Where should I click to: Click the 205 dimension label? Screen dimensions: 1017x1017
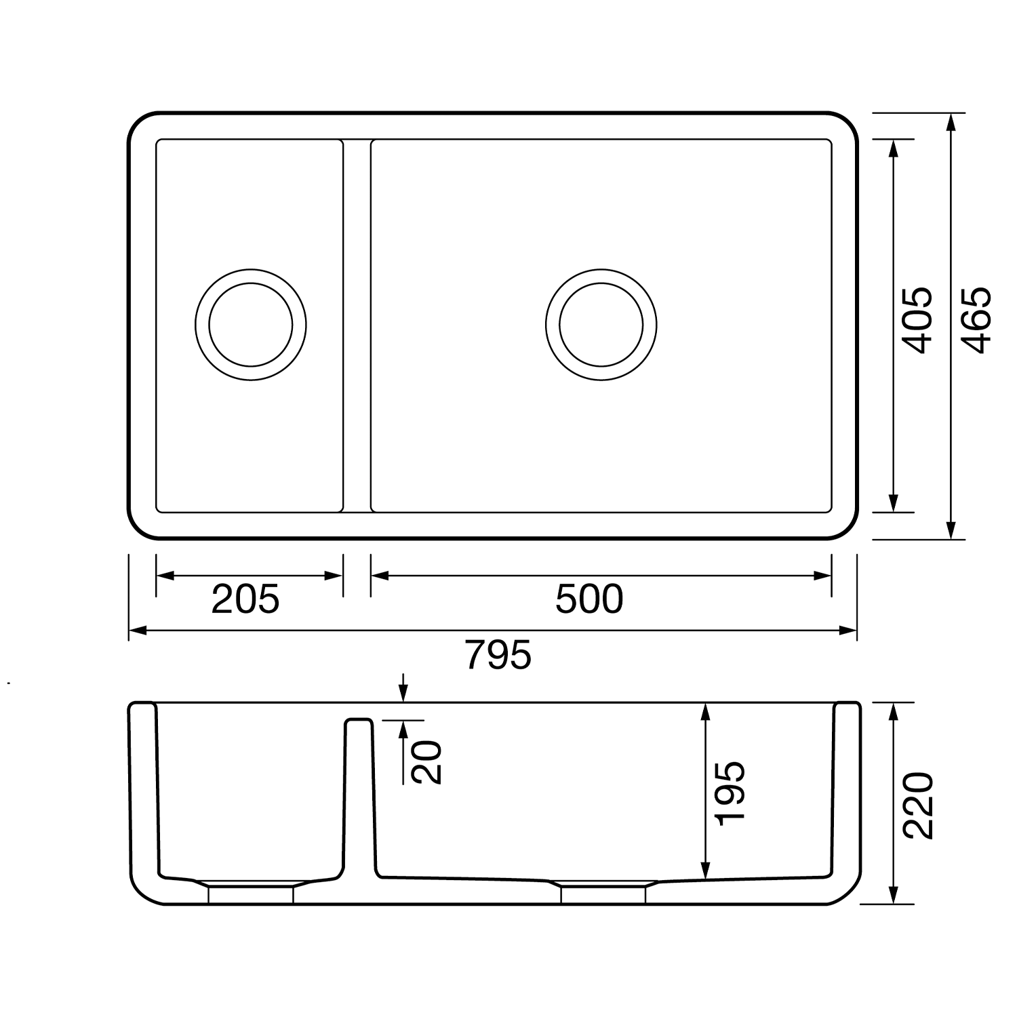tap(245, 599)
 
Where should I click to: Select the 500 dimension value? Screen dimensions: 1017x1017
tap(589, 599)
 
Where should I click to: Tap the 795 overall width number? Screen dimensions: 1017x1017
tap(498, 655)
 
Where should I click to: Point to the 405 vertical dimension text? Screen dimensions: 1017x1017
tap(919, 320)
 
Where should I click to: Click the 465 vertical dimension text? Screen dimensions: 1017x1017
tap(977, 320)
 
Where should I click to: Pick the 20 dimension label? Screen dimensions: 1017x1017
tap(427, 762)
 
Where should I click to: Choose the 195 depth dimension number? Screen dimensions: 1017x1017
tap(730, 793)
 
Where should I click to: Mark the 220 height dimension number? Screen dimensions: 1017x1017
tap(919, 805)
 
